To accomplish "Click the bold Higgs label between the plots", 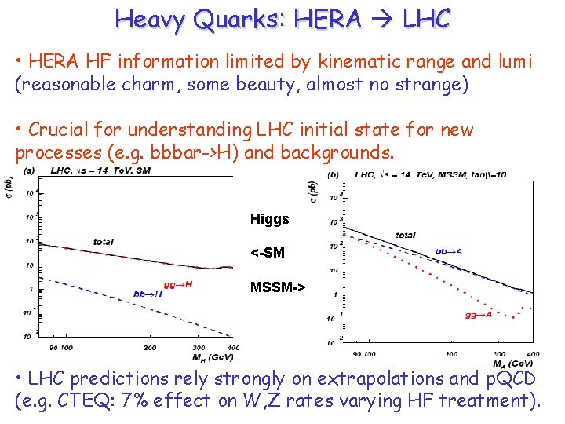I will click(269, 219).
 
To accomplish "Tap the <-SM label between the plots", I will click(267, 253).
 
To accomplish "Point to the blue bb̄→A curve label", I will click(448, 251).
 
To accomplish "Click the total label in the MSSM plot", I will click(405, 235).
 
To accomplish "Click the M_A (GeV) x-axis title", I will click(512, 364).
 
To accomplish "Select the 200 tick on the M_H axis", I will click(149, 347).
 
